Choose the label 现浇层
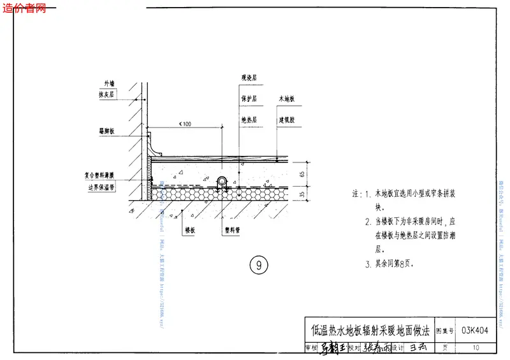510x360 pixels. (248, 78)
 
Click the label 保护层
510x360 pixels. (248, 99)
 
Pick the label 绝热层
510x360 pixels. (248, 119)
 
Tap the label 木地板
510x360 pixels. (286, 99)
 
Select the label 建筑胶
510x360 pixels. (286, 119)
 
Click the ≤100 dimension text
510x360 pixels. (186, 123)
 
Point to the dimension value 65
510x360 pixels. (303, 172)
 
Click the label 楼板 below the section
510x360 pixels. (189, 231)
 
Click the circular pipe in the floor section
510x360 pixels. (222, 180)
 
